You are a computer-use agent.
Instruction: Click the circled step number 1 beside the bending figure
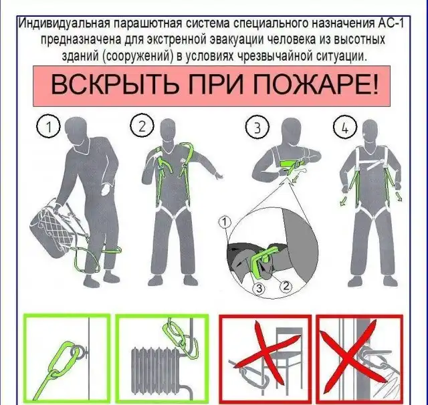coord(48,127)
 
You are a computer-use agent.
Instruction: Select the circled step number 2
coord(142,126)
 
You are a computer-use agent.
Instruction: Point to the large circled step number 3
coord(257,128)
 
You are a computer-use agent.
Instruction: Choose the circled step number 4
coord(345,128)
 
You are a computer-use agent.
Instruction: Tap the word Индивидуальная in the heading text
coord(64,23)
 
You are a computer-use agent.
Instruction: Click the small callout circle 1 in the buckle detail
coord(225,223)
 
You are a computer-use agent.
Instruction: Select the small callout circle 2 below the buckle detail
coord(286,286)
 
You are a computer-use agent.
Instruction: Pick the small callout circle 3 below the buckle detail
coord(259,288)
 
